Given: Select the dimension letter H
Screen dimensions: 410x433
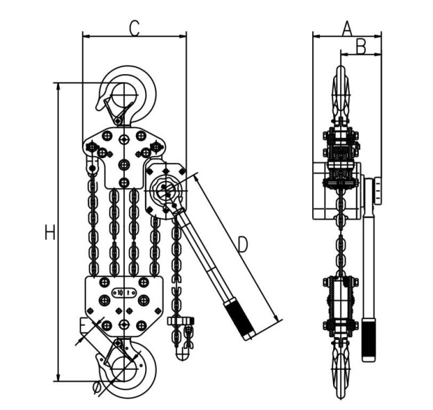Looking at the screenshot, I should click(49, 233).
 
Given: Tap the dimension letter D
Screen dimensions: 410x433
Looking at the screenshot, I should click(242, 244).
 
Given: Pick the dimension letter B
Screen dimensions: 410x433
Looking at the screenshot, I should click(361, 46).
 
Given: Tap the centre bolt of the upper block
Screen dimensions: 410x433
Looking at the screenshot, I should click(124, 164).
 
